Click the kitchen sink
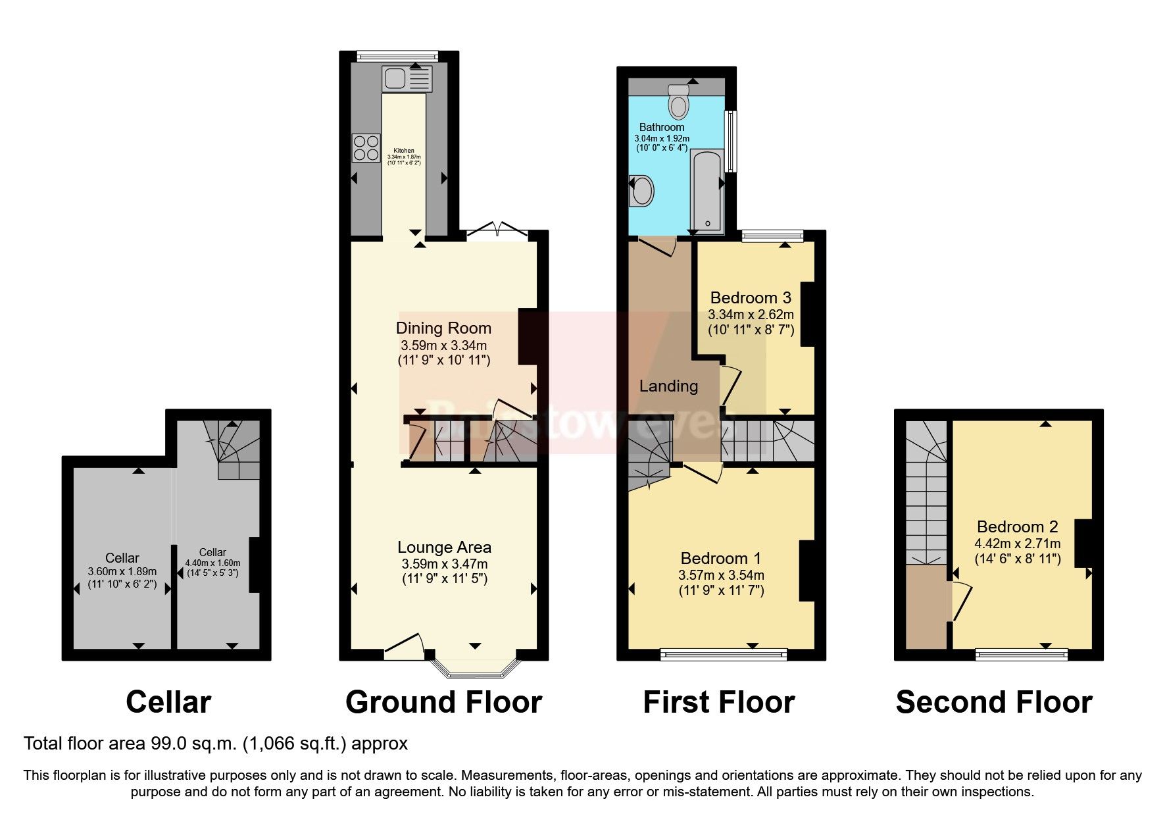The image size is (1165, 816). point(406,79)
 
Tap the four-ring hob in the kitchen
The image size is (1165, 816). point(366,147)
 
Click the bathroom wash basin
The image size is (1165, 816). point(642,191)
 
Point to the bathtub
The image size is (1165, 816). point(706,191)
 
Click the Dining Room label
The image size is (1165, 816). point(443,328)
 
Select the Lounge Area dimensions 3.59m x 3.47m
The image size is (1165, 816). point(444,564)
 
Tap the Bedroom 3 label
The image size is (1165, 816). point(751,297)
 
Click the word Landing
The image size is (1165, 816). point(668,386)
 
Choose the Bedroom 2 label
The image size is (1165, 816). point(1017,526)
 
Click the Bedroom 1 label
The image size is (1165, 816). point(720,558)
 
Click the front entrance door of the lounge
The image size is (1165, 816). point(403,646)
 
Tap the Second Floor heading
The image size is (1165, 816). point(993,702)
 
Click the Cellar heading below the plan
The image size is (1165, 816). point(168,702)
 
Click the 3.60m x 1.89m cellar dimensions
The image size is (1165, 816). point(122,571)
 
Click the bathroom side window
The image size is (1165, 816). point(731,141)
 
